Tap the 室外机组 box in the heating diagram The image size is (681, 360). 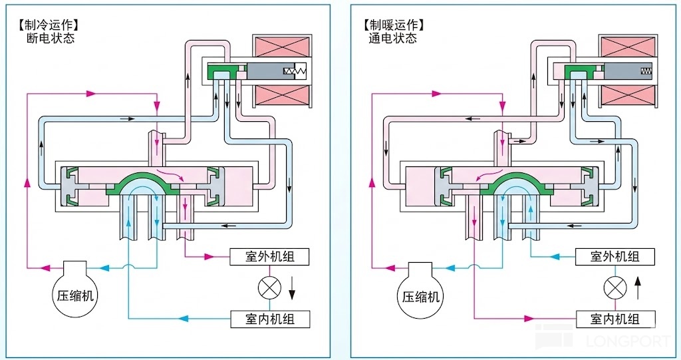(x=614, y=256)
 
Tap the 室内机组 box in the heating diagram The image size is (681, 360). (x=615, y=319)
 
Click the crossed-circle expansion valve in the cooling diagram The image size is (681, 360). (x=268, y=287)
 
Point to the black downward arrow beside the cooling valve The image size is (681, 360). (x=292, y=287)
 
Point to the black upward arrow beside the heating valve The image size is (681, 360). (x=638, y=287)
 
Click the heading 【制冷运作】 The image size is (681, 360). (x=49, y=25)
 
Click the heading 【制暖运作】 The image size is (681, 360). (x=394, y=25)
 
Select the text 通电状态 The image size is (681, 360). (x=394, y=39)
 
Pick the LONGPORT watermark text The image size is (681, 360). (x=628, y=341)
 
